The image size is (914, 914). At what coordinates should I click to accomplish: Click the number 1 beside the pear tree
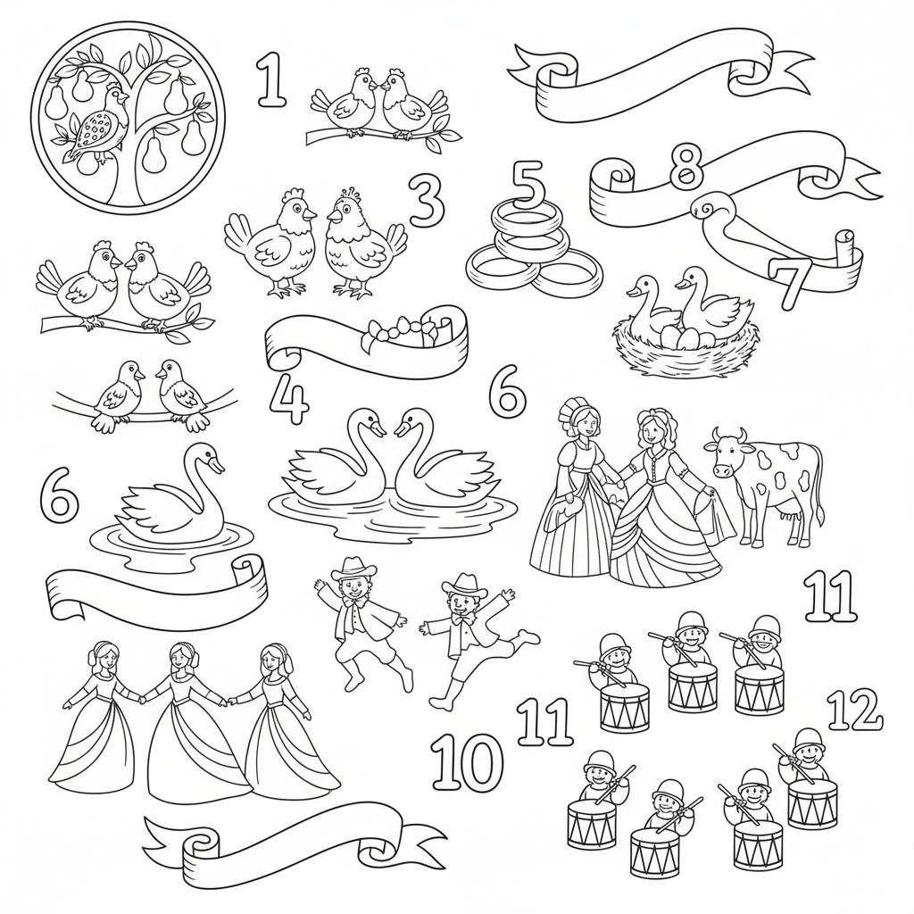click(x=271, y=79)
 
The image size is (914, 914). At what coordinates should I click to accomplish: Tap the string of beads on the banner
click(x=398, y=330)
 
